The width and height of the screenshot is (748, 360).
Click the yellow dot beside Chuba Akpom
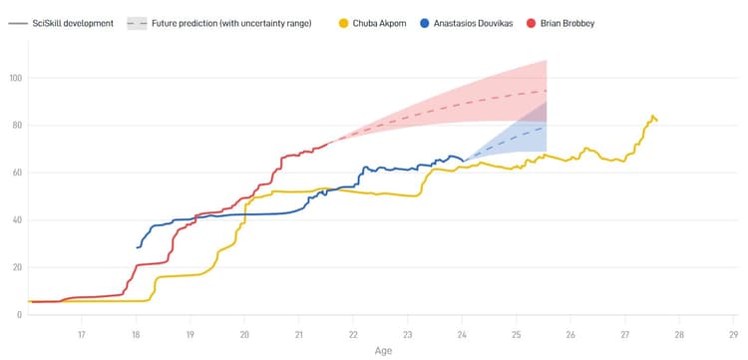click(x=345, y=22)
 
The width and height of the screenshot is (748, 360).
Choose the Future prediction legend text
click(x=231, y=22)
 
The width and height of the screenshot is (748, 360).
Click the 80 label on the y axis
click(x=15, y=125)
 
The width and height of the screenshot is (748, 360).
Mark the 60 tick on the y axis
click(x=15, y=173)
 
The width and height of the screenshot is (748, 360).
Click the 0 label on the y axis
click(x=18, y=314)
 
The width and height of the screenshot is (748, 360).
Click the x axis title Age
click(x=383, y=351)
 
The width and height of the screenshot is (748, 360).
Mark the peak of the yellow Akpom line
click(x=652, y=116)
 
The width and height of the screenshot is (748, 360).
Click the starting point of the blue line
click(x=137, y=247)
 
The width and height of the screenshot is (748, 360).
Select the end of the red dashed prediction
click(x=547, y=91)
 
